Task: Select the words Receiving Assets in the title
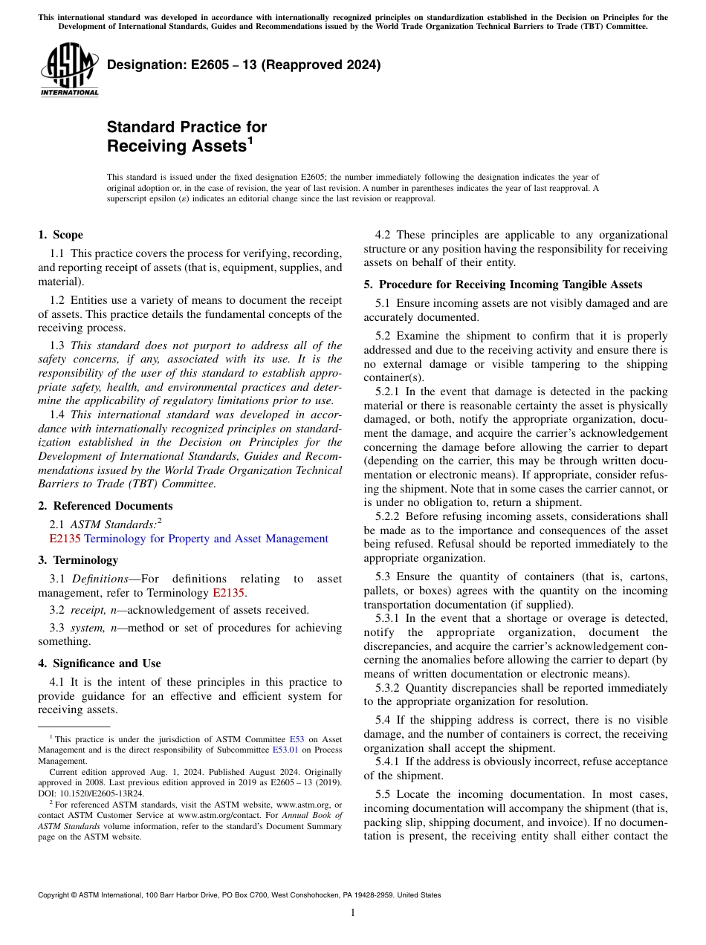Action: point(176,146)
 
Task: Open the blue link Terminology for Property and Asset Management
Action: point(206,539)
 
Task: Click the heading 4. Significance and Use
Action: point(100,663)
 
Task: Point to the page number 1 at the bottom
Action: point(353,913)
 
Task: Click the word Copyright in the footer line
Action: point(56,895)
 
